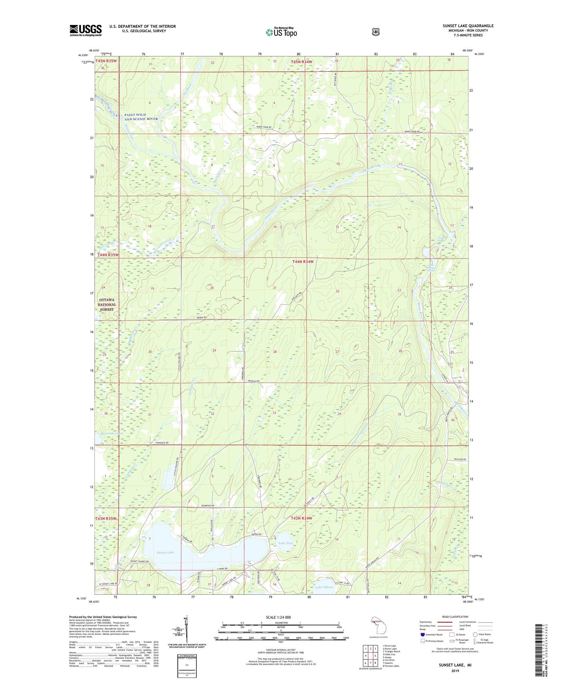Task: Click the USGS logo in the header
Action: pos(86,30)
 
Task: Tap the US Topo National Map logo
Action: pos(281,32)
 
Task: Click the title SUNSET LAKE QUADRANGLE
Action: pos(468,26)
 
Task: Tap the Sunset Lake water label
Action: pos(165,552)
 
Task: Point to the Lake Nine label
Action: pos(286,543)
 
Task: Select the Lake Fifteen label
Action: pos(324,587)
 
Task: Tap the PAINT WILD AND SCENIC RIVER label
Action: pos(141,117)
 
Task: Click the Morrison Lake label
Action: pos(111,434)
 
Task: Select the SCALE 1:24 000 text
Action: pos(278,617)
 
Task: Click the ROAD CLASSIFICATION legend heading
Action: pos(455,617)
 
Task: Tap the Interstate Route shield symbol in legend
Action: pos(422,634)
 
